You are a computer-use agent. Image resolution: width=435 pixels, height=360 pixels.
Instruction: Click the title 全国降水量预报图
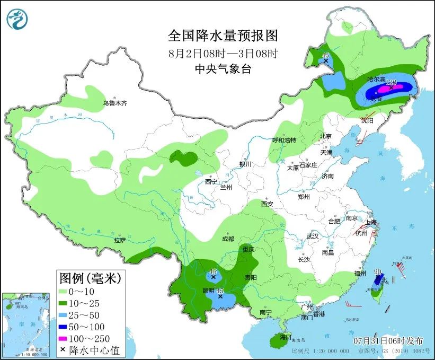point(223,36)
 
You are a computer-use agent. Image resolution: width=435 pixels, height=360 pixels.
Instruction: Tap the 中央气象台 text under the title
point(223,68)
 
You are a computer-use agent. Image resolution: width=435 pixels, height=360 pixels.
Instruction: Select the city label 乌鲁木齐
point(115,103)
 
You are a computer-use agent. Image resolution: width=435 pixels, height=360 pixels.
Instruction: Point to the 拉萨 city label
point(120,240)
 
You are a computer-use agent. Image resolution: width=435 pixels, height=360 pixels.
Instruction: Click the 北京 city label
point(325,136)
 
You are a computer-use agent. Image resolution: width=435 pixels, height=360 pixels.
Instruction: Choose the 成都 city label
point(228,239)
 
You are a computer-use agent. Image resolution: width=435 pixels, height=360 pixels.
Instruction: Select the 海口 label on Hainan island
point(286,337)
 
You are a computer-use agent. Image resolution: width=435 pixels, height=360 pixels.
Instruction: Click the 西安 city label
point(267,204)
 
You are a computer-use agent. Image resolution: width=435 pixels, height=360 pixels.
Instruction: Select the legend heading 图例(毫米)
point(91,277)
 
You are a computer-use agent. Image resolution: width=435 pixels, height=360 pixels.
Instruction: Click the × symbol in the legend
point(64,350)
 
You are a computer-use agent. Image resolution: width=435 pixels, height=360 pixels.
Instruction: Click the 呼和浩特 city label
point(284,140)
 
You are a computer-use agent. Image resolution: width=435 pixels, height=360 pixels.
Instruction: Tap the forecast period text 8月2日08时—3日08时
point(223,53)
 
